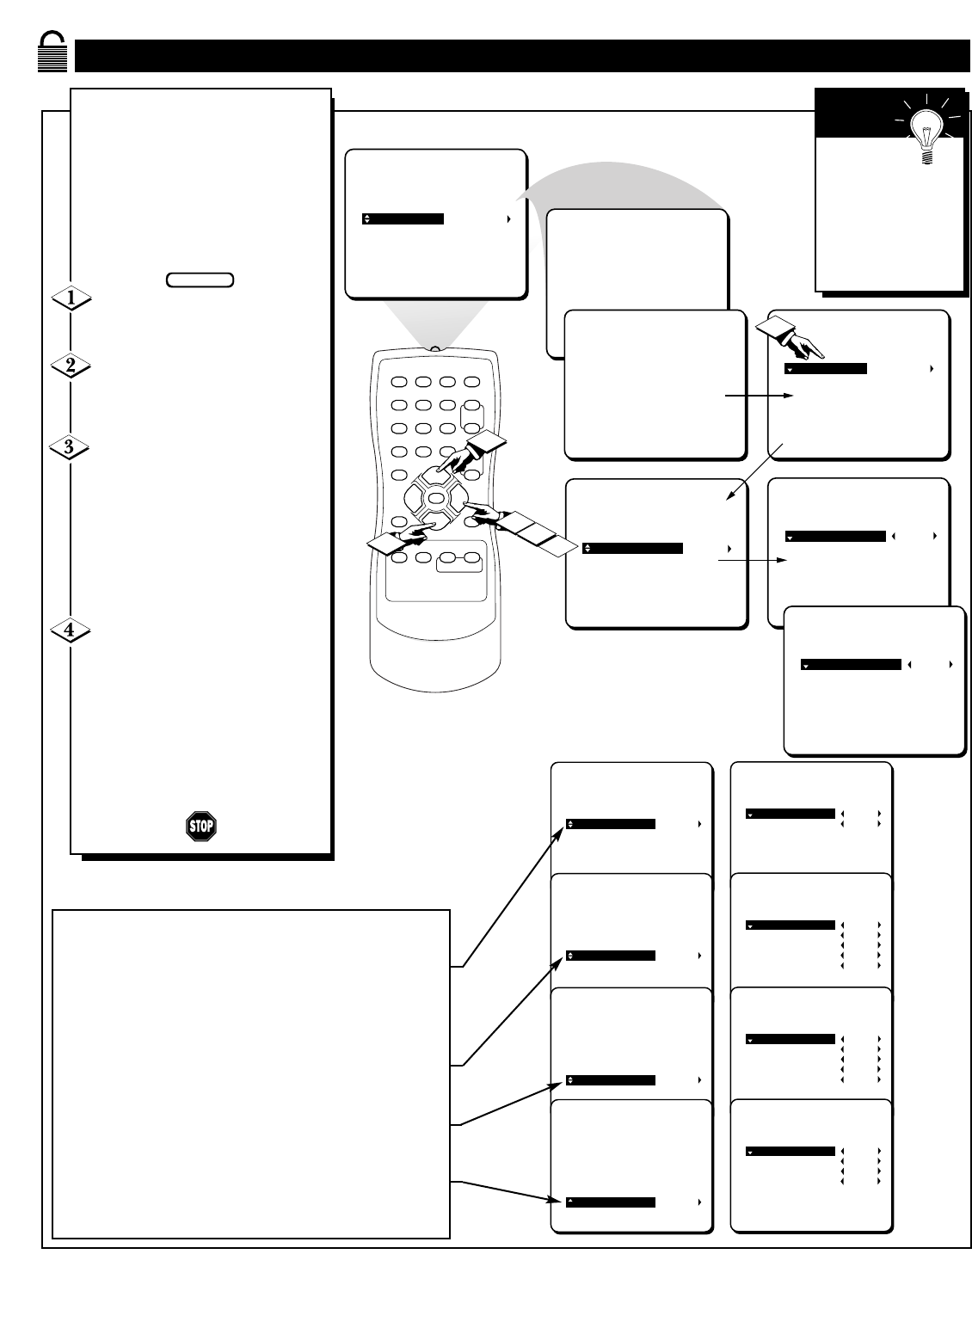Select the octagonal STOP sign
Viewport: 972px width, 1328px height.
(200, 827)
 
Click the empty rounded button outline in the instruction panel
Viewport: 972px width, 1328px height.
(200, 280)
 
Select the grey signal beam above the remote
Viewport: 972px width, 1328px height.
(434, 323)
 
